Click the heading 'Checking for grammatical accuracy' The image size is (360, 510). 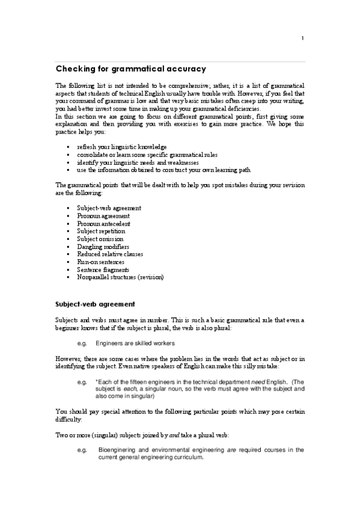[x=130, y=69]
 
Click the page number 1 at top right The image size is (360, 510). [x=303, y=39]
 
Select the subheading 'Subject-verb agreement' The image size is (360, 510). [x=95, y=304]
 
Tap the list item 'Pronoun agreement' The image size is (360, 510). [x=103, y=216]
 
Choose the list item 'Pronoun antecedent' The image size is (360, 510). [x=103, y=224]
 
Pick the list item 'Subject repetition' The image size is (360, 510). [x=101, y=231]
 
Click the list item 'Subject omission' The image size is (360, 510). [x=100, y=239]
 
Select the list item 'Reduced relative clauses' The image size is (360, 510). [x=110, y=254]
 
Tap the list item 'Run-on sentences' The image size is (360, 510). [x=100, y=262]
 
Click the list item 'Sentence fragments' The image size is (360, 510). [x=103, y=270]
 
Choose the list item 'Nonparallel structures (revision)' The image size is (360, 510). [x=120, y=277]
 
